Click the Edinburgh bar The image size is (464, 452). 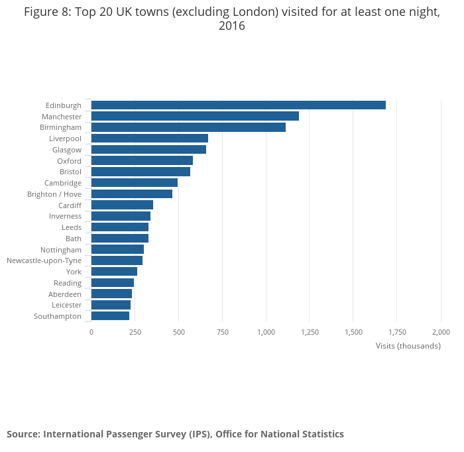238,105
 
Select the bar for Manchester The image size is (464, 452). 195,116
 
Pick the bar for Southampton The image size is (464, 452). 110,316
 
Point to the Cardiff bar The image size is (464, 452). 122,205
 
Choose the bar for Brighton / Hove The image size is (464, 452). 132,194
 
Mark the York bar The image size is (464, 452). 114,272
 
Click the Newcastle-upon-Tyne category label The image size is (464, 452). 44,260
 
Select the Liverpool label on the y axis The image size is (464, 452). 65,139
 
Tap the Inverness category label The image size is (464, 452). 65,216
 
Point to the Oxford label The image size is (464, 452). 69,161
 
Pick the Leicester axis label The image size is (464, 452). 66,305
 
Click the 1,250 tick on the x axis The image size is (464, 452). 310,332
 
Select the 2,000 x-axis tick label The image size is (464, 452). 441,332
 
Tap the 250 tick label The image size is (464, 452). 135,332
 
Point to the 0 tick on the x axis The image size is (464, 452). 91,332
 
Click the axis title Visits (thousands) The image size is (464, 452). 408,346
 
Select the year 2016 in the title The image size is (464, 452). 232,27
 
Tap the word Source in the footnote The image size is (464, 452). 23,434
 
